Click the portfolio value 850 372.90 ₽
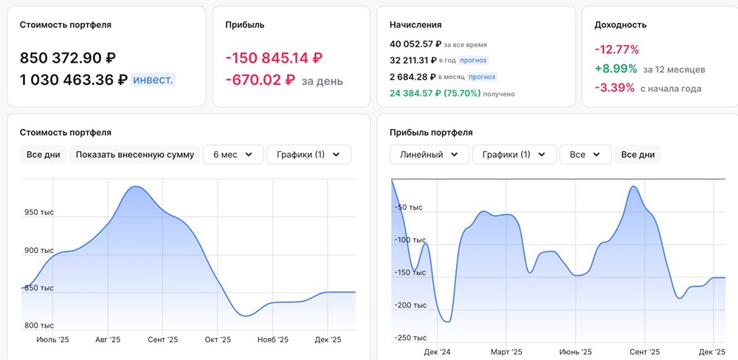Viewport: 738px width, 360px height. [x=68, y=58]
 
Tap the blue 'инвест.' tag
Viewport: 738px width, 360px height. [x=153, y=80]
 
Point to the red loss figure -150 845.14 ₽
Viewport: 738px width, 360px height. [x=274, y=58]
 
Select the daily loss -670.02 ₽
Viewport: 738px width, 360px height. [x=261, y=80]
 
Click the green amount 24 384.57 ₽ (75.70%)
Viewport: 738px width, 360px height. [x=435, y=94]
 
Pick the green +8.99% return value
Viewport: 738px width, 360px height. [x=616, y=69]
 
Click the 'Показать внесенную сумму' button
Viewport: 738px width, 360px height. [x=134, y=155]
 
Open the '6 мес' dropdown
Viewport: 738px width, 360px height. [x=233, y=155]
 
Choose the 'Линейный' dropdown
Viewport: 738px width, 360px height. [x=430, y=155]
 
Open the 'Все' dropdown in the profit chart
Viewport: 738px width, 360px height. [x=585, y=155]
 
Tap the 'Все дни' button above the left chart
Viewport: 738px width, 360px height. [x=43, y=155]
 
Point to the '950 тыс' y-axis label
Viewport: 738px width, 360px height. [x=39, y=212]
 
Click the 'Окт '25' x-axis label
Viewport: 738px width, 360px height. [x=218, y=340]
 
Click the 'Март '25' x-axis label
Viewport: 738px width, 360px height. [x=506, y=352]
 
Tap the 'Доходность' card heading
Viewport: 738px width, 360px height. [x=621, y=25]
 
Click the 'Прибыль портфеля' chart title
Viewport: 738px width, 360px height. [x=431, y=133]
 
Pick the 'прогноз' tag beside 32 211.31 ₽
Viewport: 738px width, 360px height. [x=474, y=60]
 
